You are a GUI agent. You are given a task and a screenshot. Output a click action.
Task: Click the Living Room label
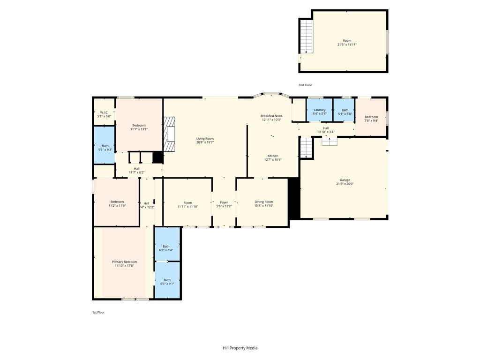click(205, 139)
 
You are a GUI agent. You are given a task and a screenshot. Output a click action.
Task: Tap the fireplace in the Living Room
click(169, 134)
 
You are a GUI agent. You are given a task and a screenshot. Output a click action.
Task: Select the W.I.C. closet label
click(104, 112)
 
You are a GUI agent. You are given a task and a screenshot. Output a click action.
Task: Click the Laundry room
click(319, 110)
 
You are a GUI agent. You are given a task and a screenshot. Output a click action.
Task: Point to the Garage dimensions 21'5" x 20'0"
click(345, 184)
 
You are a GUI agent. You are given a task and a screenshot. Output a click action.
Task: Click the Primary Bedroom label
click(124, 262)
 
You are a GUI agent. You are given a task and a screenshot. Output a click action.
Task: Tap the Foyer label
click(224, 202)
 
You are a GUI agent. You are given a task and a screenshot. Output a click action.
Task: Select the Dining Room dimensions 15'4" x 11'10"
click(264, 206)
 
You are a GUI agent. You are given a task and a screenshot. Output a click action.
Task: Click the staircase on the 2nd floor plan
click(306, 36)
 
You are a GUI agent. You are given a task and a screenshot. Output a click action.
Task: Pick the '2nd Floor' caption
click(305, 85)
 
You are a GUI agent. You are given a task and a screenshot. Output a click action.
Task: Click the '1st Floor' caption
click(98, 313)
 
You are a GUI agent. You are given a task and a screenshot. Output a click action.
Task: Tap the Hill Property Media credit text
click(240, 348)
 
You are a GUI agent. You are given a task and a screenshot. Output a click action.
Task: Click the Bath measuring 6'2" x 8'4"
click(167, 244)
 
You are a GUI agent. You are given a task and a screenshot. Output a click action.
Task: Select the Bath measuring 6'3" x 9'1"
click(167, 280)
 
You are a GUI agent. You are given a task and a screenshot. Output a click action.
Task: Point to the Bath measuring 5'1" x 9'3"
click(104, 145)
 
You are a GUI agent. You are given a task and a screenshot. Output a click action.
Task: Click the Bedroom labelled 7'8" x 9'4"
click(371, 117)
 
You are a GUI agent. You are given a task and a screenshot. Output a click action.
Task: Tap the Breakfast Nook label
click(271, 116)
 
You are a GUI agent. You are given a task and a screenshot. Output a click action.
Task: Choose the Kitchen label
click(273, 156)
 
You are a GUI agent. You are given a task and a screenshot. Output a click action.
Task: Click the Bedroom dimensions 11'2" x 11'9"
click(117, 206)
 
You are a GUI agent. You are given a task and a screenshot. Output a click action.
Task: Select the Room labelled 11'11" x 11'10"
click(187, 202)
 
